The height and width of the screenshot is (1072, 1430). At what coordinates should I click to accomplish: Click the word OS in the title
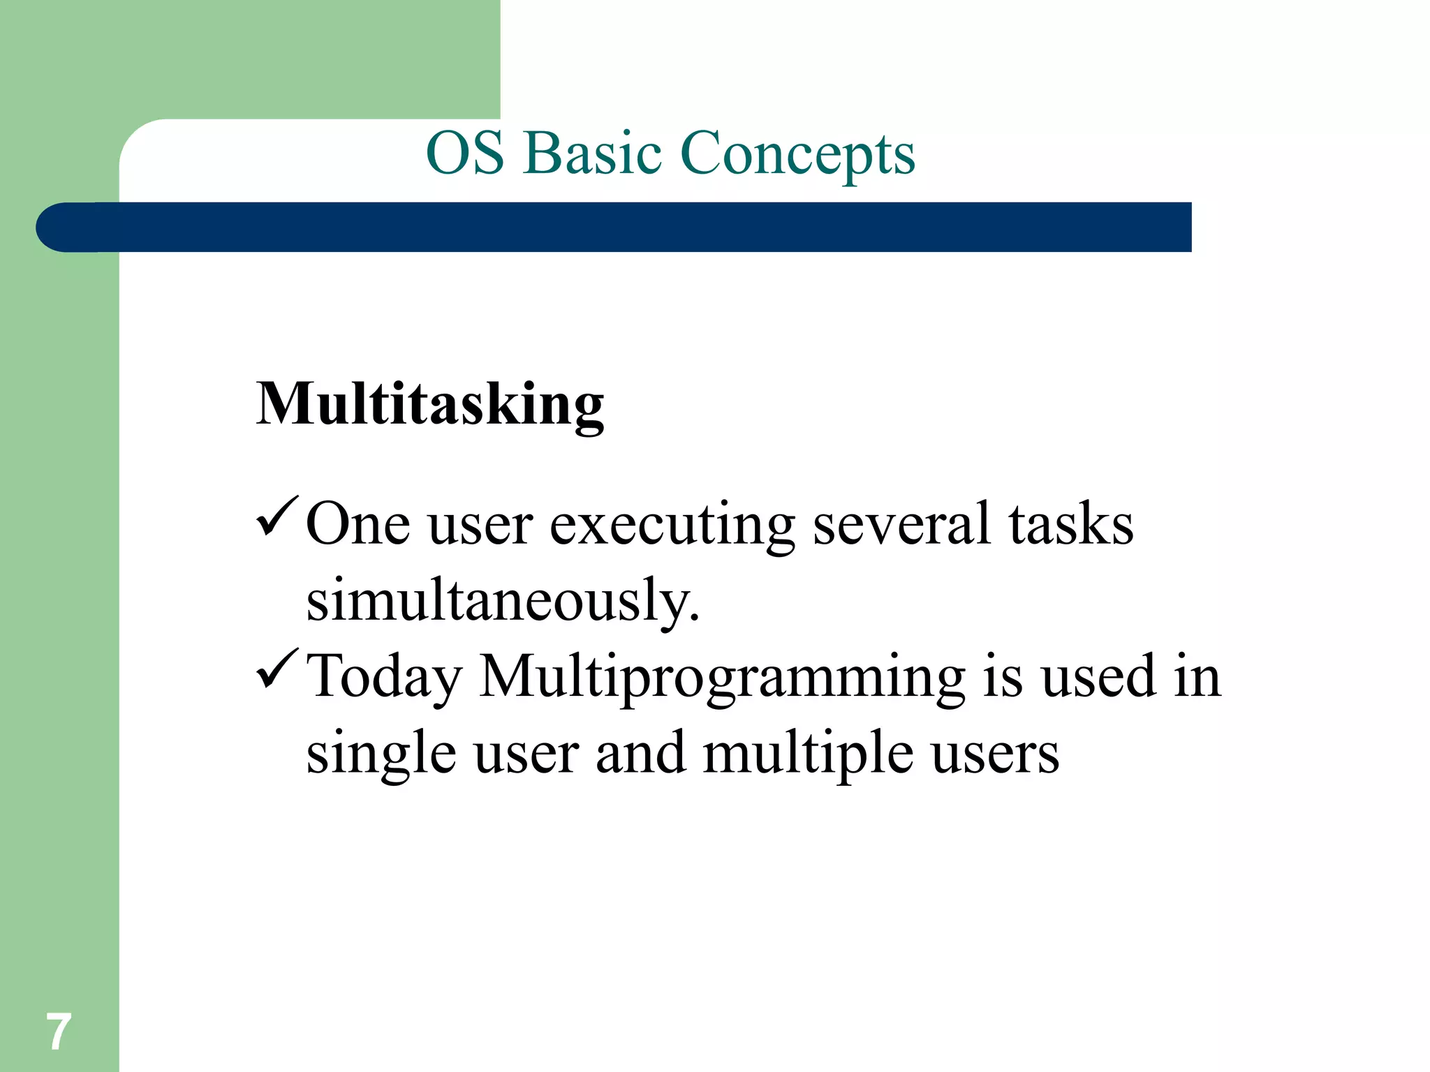click(464, 154)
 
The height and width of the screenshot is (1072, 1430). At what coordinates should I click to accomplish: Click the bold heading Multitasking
click(429, 405)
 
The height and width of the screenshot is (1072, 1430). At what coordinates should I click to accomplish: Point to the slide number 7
click(58, 1032)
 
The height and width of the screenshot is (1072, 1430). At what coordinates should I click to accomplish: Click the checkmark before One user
click(278, 516)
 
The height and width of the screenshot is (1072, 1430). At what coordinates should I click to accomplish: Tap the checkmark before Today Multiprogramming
click(278, 669)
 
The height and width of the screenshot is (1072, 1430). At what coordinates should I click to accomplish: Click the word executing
click(672, 526)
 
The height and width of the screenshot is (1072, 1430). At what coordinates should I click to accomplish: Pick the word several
click(901, 524)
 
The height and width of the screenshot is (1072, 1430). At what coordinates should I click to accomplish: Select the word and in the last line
click(640, 754)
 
